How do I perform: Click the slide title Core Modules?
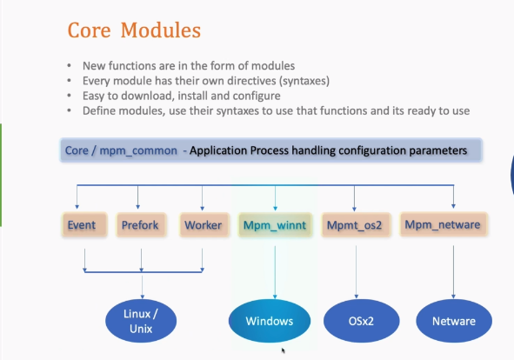click(134, 30)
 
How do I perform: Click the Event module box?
click(84, 224)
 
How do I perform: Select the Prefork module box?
click(141, 224)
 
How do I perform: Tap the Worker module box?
click(204, 224)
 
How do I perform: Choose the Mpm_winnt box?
click(275, 224)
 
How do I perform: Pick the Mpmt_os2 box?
click(356, 224)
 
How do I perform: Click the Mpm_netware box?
click(444, 224)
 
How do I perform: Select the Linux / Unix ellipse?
click(141, 321)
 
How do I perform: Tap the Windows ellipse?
click(270, 321)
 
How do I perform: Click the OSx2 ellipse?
click(361, 321)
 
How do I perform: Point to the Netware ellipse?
click(454, 321)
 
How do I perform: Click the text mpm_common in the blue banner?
click(138, 150)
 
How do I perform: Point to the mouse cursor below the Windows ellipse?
click(284, 350)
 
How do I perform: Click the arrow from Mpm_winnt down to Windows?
click(275, 272)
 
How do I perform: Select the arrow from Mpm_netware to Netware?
click(453, 272)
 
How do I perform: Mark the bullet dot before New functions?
click(69, 66)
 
